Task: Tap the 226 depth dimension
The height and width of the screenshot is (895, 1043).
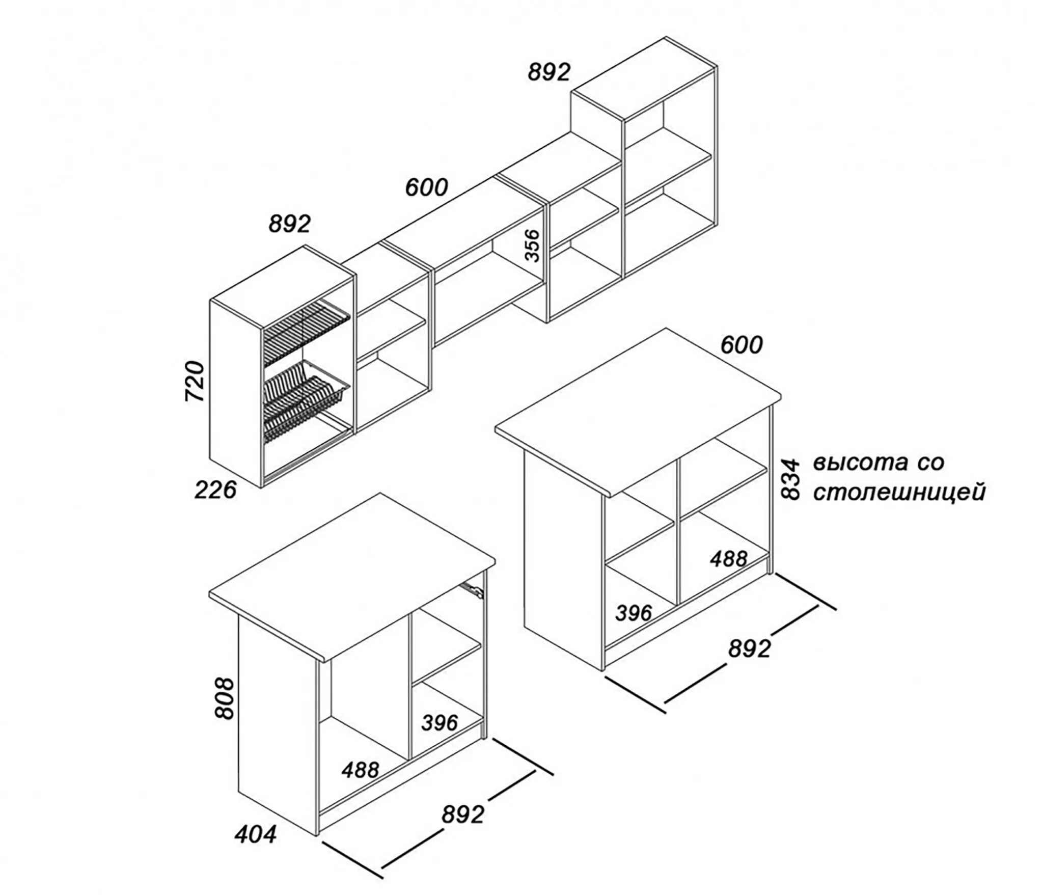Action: (x=216, y=490)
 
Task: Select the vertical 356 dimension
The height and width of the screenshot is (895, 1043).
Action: (x=532, y=246)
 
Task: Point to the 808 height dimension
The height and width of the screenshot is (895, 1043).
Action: (x=224, y=698)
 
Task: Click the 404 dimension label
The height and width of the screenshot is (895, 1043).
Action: (x=256, y=834)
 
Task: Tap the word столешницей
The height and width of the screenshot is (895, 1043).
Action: (x=899, y=493)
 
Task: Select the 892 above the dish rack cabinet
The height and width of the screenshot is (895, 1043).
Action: (x=289, y=224)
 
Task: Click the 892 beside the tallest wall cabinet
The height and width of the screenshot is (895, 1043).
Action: (x=549, y=72)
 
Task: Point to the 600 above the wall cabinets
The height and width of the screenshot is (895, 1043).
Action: (x=426, y=188)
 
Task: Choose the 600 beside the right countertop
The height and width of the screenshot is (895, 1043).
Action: (x=742, y=345)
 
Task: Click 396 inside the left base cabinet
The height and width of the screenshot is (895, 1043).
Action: (x=440, y=722)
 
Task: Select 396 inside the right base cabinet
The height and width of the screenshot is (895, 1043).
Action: (x=634, y=613)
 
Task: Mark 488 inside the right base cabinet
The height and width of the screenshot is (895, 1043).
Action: (x=729, y=559)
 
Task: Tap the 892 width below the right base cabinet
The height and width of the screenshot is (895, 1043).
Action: (x=749, y=649)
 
